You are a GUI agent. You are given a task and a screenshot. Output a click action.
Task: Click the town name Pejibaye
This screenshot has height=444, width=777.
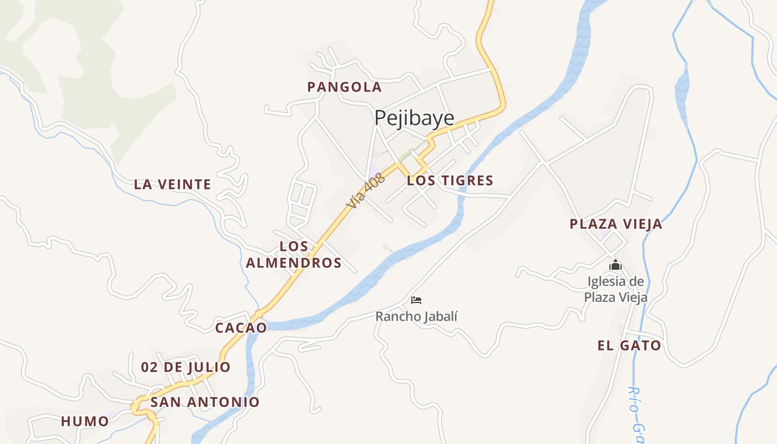click(414, 118)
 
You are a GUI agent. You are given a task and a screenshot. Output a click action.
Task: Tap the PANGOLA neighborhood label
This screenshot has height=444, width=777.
click(344, 87)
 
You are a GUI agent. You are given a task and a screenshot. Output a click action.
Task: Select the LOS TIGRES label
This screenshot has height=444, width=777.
click(450, 180)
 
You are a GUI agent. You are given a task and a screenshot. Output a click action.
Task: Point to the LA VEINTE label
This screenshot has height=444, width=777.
click(173, 184)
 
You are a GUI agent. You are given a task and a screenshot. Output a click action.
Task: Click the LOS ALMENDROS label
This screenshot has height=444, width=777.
click(294, 255)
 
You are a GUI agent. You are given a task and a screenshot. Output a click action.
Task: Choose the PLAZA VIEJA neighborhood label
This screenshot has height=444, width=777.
click(615, 224)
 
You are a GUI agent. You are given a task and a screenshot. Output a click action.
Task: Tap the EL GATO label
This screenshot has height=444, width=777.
click(629, 346)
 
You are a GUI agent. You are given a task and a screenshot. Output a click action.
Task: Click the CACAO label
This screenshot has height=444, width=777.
click(241, 327)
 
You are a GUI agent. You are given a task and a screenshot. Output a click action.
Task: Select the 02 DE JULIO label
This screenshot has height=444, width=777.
click(185, 367)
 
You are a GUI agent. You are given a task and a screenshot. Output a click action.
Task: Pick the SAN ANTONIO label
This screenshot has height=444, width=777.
click(205, 402)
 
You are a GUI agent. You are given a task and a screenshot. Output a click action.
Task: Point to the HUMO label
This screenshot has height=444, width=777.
click(85, 421)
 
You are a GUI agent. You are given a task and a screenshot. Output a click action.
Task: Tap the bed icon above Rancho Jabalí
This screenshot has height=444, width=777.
click(416, 300)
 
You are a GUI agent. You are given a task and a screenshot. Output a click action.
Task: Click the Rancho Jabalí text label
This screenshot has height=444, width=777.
click(416, 317)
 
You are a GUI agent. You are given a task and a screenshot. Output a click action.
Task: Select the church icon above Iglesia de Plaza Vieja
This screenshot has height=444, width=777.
click(615, 265)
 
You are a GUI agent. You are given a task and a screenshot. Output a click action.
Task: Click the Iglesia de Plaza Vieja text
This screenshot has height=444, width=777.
click(615, 290)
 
